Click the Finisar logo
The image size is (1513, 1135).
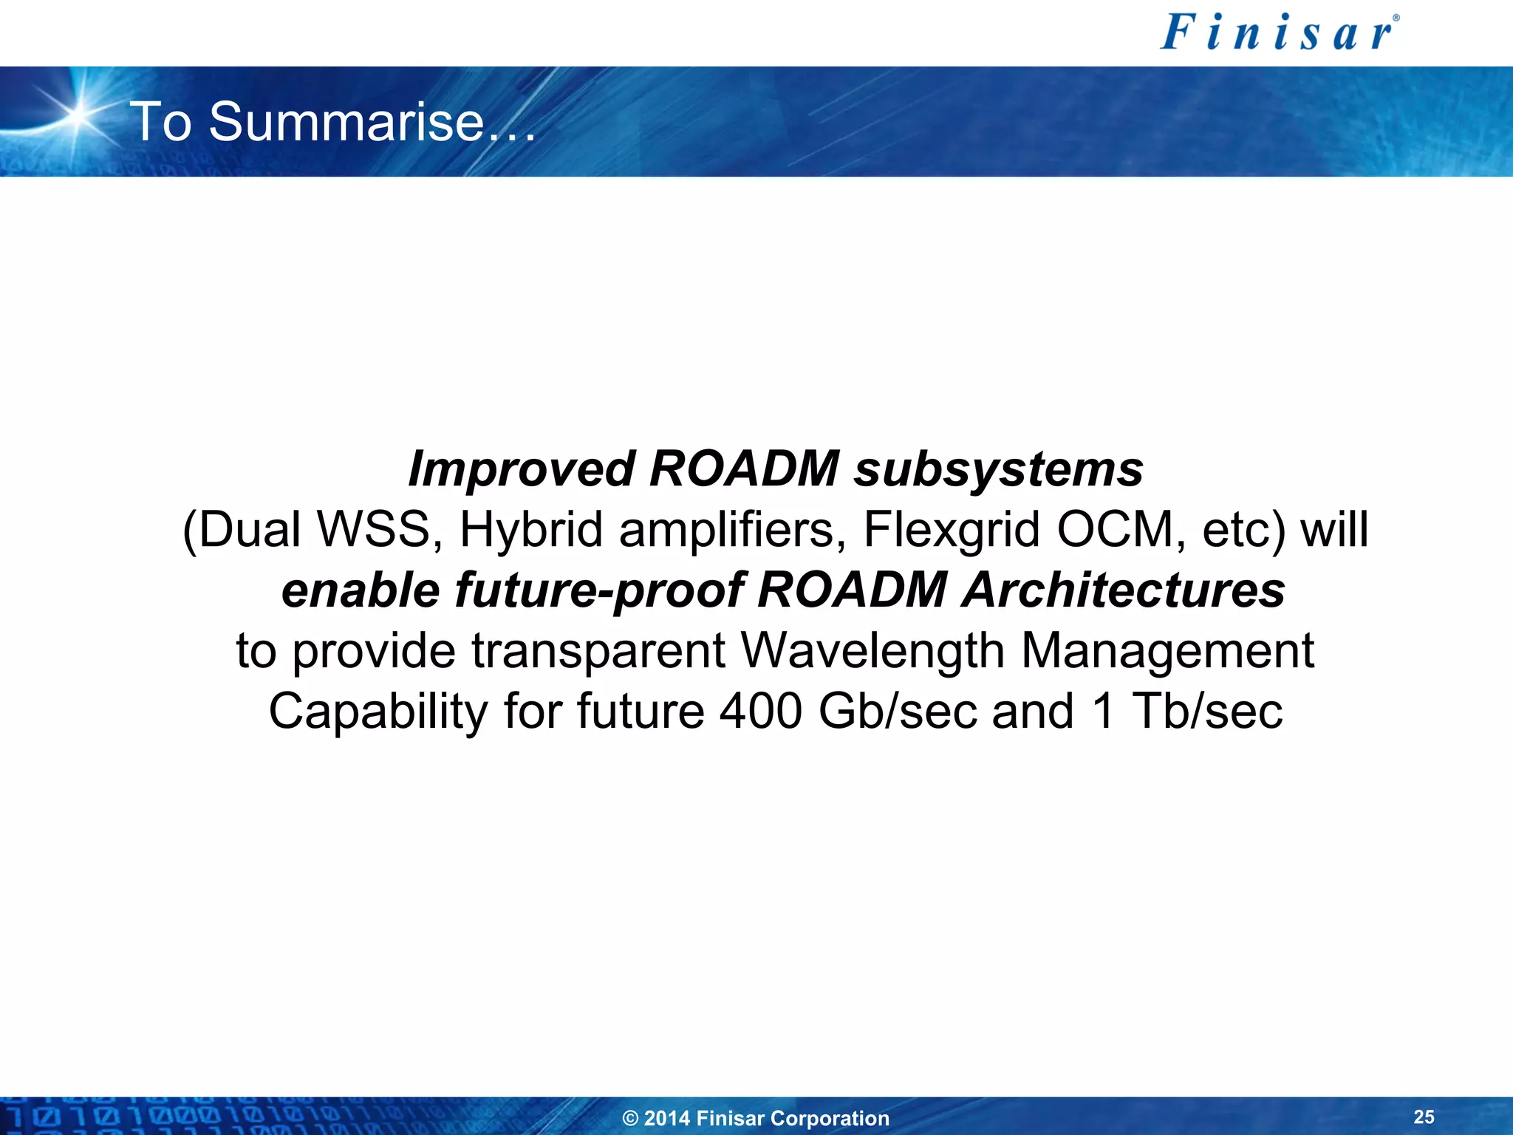click(x=1279, y=33)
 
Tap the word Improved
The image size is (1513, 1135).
click(x=521, y=469)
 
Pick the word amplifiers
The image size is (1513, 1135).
click(x=732, y=530)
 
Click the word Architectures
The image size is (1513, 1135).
click(x=1123, y=590)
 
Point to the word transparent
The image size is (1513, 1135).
click(x=598, y=651)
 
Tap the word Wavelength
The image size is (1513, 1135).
click(x=872, y=651)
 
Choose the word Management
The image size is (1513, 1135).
click(x=1167, y=651)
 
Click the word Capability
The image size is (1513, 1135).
click(x=378, y=712)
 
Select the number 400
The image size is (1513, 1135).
click(x=760, y=712)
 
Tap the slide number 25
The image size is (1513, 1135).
click(x=1424, y=1117)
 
